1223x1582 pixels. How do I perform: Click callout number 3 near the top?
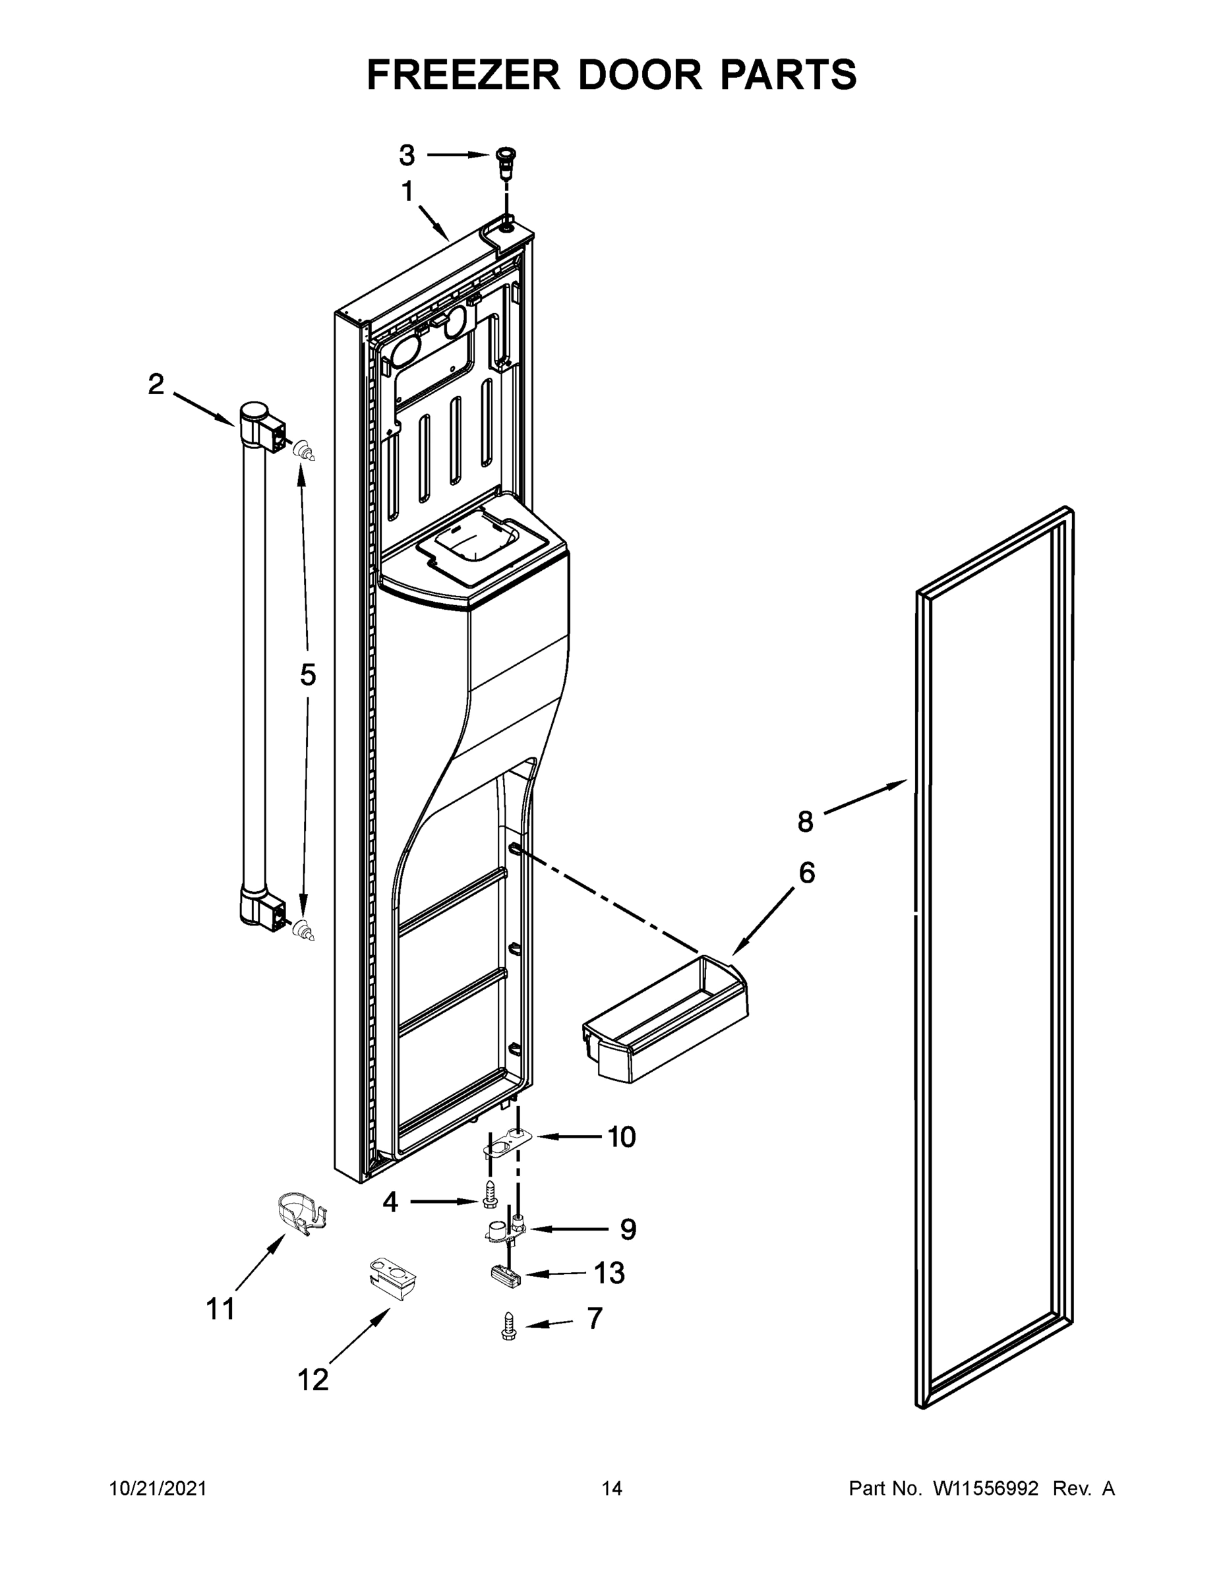pos(407,155)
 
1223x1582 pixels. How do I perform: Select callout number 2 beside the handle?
pos(156,384)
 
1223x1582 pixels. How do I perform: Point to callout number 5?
pos(308,675)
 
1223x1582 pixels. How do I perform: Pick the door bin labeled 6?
pos(665,1020)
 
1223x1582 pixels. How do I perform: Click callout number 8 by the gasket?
pos(806,821)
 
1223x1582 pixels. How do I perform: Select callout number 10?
pos(621,1137)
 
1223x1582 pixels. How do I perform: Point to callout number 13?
pos(609,1274)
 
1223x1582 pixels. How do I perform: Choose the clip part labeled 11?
pos(301,1214)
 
